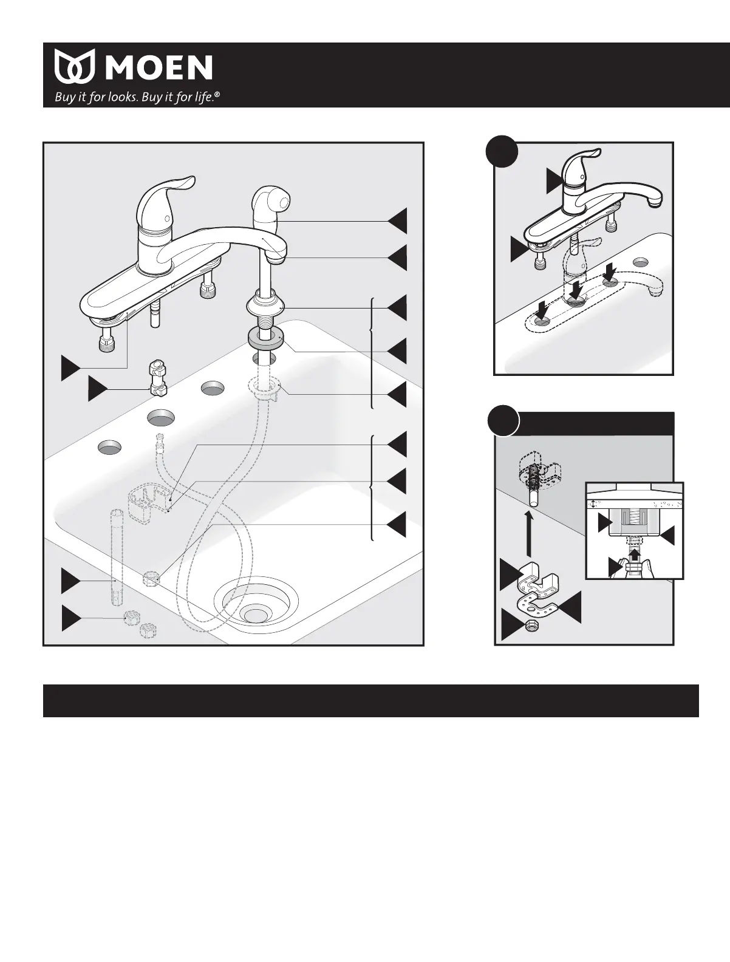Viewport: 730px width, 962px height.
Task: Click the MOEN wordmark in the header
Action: click(160, 68)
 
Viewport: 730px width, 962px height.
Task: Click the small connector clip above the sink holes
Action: click(157, 378)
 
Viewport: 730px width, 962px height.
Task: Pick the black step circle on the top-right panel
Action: click(503, 149)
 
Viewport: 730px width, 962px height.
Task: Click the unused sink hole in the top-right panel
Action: click(640, 263)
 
